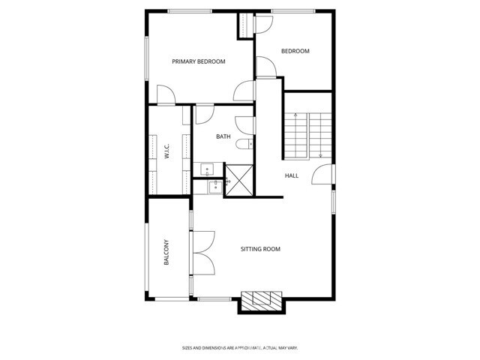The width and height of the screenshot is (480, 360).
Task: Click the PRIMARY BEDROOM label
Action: [x=199, y=61]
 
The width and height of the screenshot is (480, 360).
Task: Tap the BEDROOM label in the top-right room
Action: [x=295, y=51]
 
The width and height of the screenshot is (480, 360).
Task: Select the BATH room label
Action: [x=223, y=136]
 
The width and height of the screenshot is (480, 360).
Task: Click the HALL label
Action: [x=292, y=175]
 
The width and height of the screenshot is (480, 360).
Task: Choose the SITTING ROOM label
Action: [x=260, y=249]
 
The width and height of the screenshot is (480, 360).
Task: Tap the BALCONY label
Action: [x=166, y=252]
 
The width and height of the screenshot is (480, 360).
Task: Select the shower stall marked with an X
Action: [x=239, y=181]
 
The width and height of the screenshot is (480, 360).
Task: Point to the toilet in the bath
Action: [x=243, y=144]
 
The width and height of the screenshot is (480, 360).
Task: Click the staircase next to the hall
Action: [x=307, y=136]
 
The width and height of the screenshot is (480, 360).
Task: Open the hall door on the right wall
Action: [x=322, y=177]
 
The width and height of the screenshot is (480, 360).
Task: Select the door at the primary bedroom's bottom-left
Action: [x=166, y=95]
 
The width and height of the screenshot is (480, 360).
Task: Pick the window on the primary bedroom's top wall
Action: [x=188, y=10]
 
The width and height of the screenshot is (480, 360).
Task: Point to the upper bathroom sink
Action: [x=208, y=168]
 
